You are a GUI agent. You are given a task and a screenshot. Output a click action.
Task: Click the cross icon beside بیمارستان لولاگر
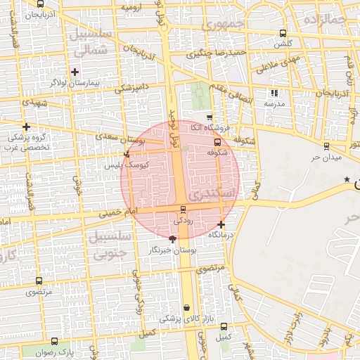coord(75,72)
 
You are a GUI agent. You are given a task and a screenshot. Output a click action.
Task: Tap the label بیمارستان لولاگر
coord(75,83)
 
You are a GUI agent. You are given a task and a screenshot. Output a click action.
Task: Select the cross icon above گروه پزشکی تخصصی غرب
coord(26,127)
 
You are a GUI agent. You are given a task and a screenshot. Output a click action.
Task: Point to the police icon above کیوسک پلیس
coord(127,155)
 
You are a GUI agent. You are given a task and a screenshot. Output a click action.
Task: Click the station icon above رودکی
coord(184,209)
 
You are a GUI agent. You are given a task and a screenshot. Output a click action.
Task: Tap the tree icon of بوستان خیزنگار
coord(174,239)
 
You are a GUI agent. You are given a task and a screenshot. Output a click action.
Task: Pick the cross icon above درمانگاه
coord(221,224)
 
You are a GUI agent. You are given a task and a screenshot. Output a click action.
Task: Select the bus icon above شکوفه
coord(217,141)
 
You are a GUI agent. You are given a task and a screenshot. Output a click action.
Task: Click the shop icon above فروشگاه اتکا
coord(210,117)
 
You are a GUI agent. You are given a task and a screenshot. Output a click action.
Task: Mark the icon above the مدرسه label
coord(274,93)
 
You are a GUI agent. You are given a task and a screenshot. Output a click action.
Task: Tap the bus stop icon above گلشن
coord(283,33)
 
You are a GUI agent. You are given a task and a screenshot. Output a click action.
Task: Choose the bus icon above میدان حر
coord(326,146)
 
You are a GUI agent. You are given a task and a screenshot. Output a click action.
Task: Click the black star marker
coord(347,180)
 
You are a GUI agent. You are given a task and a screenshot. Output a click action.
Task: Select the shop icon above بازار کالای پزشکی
coord(186,307)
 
